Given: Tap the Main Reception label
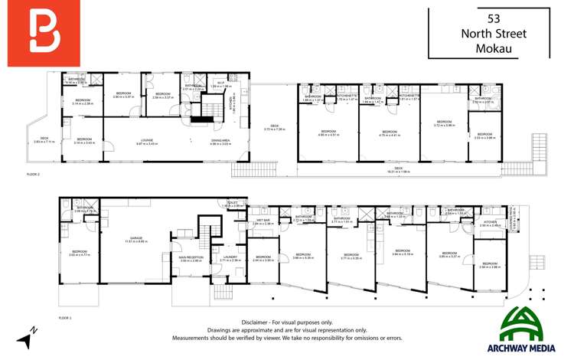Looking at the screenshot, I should point(191,258).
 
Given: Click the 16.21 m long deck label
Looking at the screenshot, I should point(398,169).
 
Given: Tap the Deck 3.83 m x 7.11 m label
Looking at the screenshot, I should point(44,140).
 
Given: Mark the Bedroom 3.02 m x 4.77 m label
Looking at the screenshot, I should point(80,253).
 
